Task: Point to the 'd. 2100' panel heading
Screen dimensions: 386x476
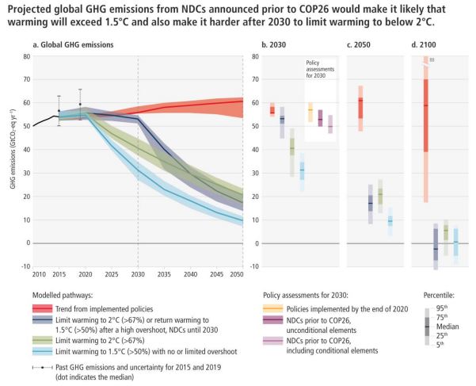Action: (425, 44)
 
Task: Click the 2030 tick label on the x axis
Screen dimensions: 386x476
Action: (138, 273)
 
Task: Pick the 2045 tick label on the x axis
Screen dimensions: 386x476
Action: (215, 273)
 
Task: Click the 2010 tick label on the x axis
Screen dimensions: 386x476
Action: (38, 273)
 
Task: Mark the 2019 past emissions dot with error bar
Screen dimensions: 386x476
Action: (80, 104)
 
